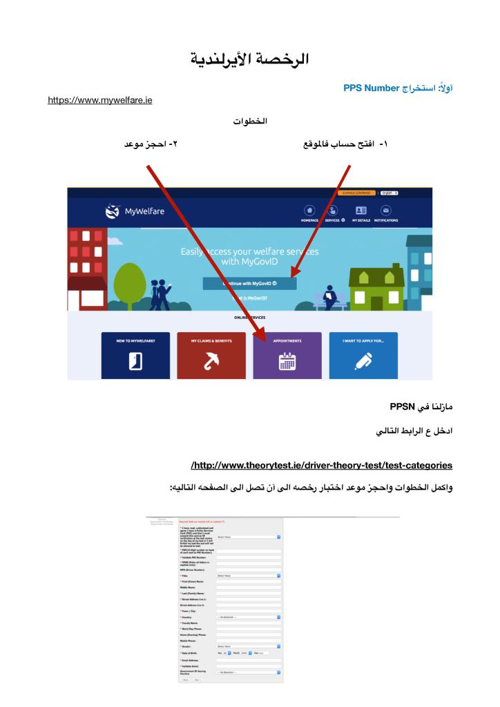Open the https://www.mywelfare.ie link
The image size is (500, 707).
click(x=99, y=101)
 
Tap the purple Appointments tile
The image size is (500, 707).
click(x=287, y=355)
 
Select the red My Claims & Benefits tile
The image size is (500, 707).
click(x=211, y=355)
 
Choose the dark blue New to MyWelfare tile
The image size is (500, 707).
click(x=135, y=355)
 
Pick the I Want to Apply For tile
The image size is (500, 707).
click(x=363, y=355)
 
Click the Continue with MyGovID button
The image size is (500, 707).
click(x=249, y=284)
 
